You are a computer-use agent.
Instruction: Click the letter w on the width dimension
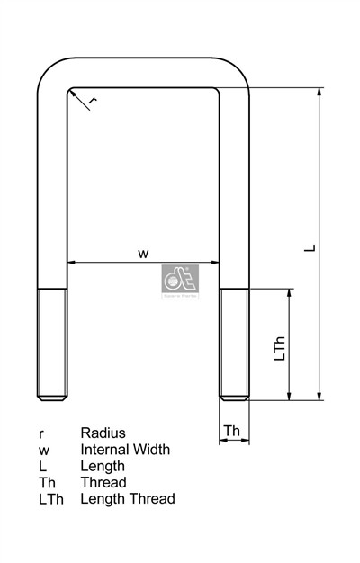coord(142,253)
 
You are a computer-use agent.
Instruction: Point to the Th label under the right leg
coord(232,432)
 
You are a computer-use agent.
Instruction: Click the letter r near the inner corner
coord(94,101)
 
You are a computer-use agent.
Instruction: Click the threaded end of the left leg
coord(51,344)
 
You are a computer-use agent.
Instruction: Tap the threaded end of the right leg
coord(234,344)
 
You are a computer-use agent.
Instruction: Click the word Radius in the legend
coord(103,433)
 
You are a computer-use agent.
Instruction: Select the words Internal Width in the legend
coord(125,449)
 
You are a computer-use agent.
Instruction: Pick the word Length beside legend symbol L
coord(103,466)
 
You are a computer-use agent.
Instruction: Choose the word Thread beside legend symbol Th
coord(103,482)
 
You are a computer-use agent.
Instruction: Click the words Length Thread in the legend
coord(128,498)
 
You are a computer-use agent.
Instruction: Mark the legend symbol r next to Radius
coord(40,433)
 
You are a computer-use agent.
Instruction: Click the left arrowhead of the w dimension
coord(71,264)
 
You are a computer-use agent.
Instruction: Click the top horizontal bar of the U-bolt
coord(142,73)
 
